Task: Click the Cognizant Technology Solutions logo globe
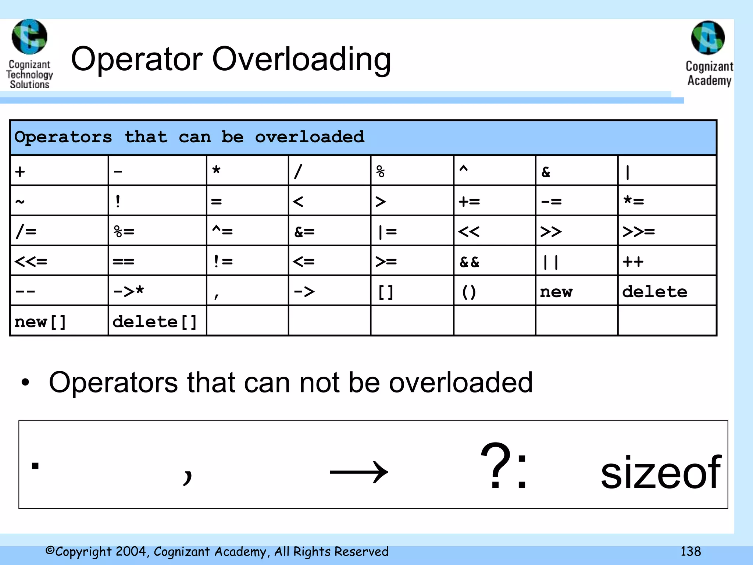[x=29, y=37]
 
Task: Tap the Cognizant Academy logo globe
[x=708, y=38]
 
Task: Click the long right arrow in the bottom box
[x=359, y=472]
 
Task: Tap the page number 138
[x=690, y=551]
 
